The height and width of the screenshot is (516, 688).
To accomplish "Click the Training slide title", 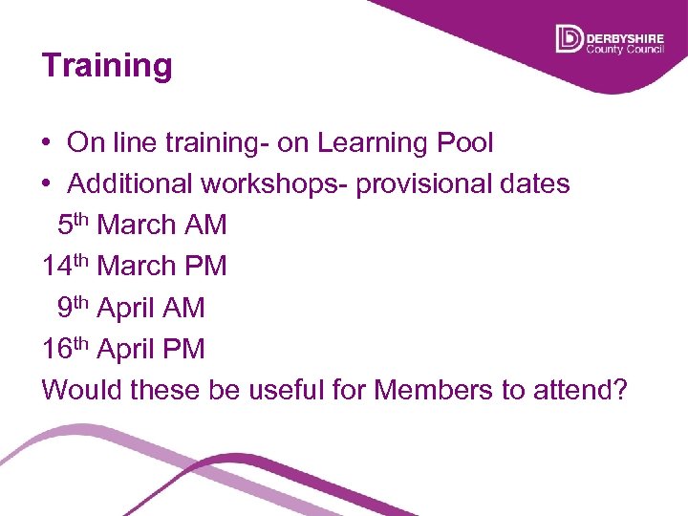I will pos(107,66).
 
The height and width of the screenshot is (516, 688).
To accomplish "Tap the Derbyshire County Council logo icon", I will pos(569,39).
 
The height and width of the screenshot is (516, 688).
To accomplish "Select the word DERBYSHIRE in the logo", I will pos(625,34).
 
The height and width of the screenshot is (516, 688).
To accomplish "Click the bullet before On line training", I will pos(47,143).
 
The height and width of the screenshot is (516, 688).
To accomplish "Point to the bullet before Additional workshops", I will pos(47,183).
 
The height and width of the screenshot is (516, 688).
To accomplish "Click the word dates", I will pos(538,183).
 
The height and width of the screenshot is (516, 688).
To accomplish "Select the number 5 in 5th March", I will pos(65,226).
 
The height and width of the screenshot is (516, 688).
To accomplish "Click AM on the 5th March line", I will pos(206,226).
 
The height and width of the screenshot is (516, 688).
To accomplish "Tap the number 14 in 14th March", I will pos(56,266).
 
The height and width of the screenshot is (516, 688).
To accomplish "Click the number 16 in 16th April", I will pos(56,349).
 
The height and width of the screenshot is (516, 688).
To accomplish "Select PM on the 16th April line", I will pos(184,349).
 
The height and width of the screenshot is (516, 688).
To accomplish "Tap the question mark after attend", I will pos(617,390).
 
